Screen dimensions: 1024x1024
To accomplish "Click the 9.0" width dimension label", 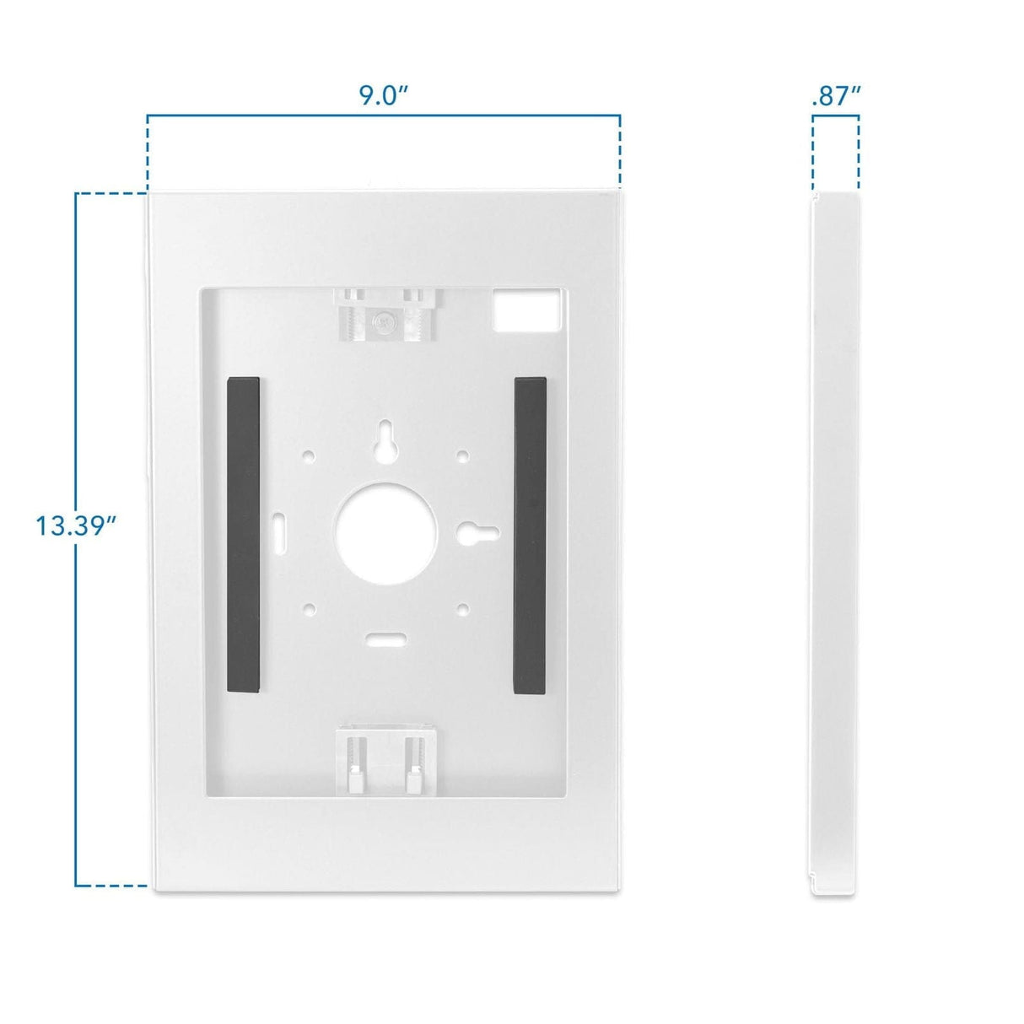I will pyautogui.click(x=385, y=95).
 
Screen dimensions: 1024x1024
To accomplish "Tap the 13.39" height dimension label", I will pyautogui.click(x=75, y=525).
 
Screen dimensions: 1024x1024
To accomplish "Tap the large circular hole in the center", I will pyautogui.click(x=385, y=532).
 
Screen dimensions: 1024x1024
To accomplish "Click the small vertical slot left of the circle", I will pyautogui.click(x=278, y=531).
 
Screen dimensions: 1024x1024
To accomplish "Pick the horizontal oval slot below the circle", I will pyautogui.click(x=385, y=638).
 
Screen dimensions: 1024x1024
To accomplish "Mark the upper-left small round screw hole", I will pyautogui.click(x=310, y=456).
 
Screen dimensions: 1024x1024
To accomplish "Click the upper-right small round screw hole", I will pyautogui.click(x=462, y=456).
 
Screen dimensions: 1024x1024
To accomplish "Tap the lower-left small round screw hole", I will pyautogui.click(x=310, y=607).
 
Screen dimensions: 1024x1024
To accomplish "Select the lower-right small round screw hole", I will pyautogui.click(x=462, y=607).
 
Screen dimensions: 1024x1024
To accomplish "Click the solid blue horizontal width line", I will pyautogui.click(x=385, y=116).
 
